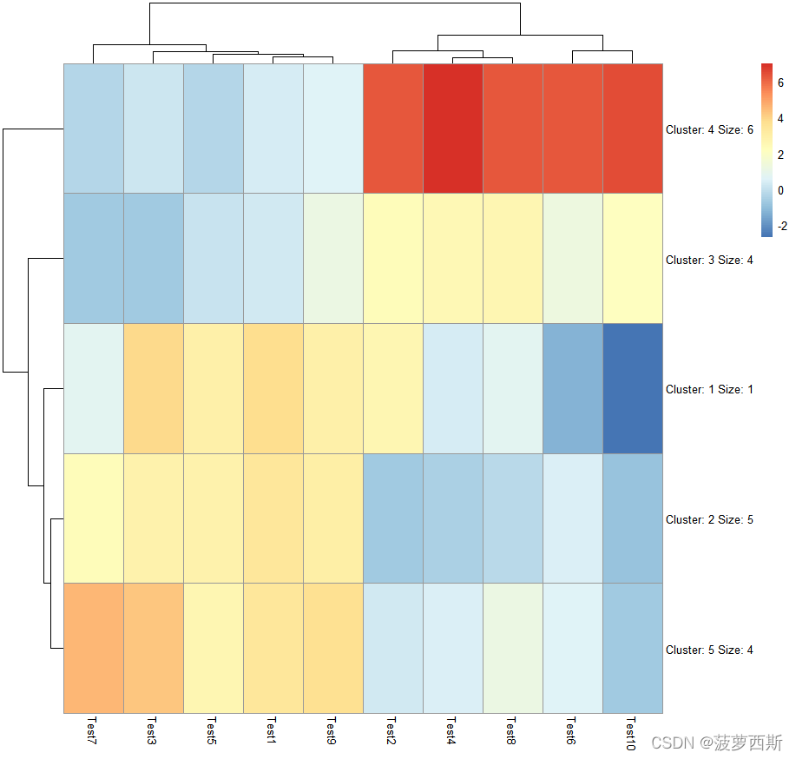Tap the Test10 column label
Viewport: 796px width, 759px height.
coord(632,734)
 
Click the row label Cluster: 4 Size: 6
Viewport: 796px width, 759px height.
coord(709,129)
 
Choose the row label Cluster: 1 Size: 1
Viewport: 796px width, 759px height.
coord(709,390)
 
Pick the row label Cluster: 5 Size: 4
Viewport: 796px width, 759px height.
coord(709,650)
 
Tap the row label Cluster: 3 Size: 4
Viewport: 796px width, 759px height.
coord(709,260)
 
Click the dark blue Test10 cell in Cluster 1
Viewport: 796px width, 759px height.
coord(632,388)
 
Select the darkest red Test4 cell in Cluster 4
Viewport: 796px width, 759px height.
coord(452,129)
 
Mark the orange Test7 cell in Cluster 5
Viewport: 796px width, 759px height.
coord(93,648)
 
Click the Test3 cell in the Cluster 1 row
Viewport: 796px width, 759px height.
coord(153,388)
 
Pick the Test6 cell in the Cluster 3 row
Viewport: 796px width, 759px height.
coord(572,258)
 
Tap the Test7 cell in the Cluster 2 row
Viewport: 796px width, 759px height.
coord(93,518)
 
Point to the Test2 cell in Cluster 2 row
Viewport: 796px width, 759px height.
coord(392,518)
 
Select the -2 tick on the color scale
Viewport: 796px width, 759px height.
coord(781,224)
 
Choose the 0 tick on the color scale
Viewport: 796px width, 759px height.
coord(781,189)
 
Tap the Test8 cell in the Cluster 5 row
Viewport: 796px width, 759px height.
coord(512,648)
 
